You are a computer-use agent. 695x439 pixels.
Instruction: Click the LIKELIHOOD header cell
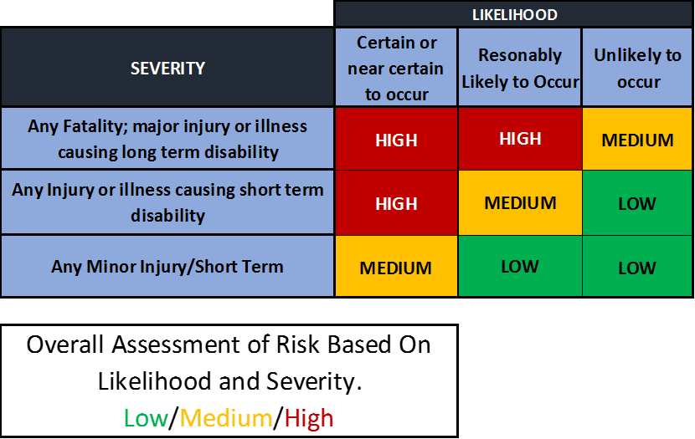pyautogui.click(x=514, y=14)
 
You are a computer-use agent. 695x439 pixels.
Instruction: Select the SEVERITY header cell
pyautogui.click(x=167, y=69)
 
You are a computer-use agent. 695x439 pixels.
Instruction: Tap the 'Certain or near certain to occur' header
pyautogui.click(x=396, y=69)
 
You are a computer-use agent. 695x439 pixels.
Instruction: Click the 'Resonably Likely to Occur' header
pyautogui.click(x=520, y=69)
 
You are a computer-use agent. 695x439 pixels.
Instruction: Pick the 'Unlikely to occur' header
pyautogui.click(x=638, y=69)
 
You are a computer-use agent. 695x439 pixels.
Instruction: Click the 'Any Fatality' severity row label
pyautogui.click(x=167, y=139)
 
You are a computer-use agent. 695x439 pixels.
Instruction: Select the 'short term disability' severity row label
pyautogui.click(x=167, y=202)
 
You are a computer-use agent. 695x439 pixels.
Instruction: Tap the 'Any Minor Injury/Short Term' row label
pyautogui.click(x=167, y=267)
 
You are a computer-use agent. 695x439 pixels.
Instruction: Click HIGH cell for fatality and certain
pyautogui.click(x=396, y=140)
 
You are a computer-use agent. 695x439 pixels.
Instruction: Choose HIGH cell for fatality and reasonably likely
pyautogui.click(x=520, y=139)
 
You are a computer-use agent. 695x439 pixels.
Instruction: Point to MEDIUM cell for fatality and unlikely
pyautogui.click(x=638, y=140)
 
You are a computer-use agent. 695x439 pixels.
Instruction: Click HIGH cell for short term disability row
pyautogui.click(x=396, y=203)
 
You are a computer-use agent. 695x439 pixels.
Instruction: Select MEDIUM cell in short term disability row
pyautogui.click(x=520, y=202)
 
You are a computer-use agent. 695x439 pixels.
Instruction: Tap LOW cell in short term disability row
pyautogui.click(x=638, y=203)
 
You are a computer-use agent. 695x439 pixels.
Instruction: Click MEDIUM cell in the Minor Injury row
pyautogui.click(x=396, y=268)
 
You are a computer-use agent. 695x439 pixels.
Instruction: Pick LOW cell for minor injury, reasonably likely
pyautogui.click(x=520, y=267)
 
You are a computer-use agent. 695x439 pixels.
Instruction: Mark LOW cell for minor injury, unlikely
pyautogui.click(x=638, y=268)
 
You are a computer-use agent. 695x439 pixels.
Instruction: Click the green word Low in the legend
pyautogui.click(x=146, y=418)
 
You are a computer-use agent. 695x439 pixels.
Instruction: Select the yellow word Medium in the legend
pyautogui.click(x=226, y=418)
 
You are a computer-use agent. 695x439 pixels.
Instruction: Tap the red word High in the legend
pyautogui.click(x=309, y=418)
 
